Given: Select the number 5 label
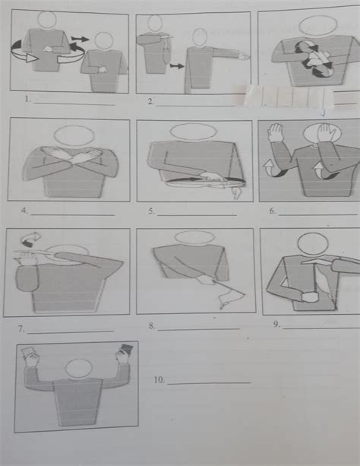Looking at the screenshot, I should (x=152, y=211).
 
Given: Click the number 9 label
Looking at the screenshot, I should (x=276, y=325).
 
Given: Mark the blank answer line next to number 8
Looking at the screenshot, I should (x=199, y=328).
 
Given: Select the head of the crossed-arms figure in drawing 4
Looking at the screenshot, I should (x=74, y=135).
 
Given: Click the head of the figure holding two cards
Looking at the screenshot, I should (x=78, y=369).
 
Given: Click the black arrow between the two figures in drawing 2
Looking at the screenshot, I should (x=176, y=67).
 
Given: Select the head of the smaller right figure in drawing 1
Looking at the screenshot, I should (x=104, y=41).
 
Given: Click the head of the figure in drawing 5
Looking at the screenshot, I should (x=187, y=132).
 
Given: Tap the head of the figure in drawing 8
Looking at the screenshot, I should (x=189, y=238).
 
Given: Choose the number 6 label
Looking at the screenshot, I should (x=272, y=211).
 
